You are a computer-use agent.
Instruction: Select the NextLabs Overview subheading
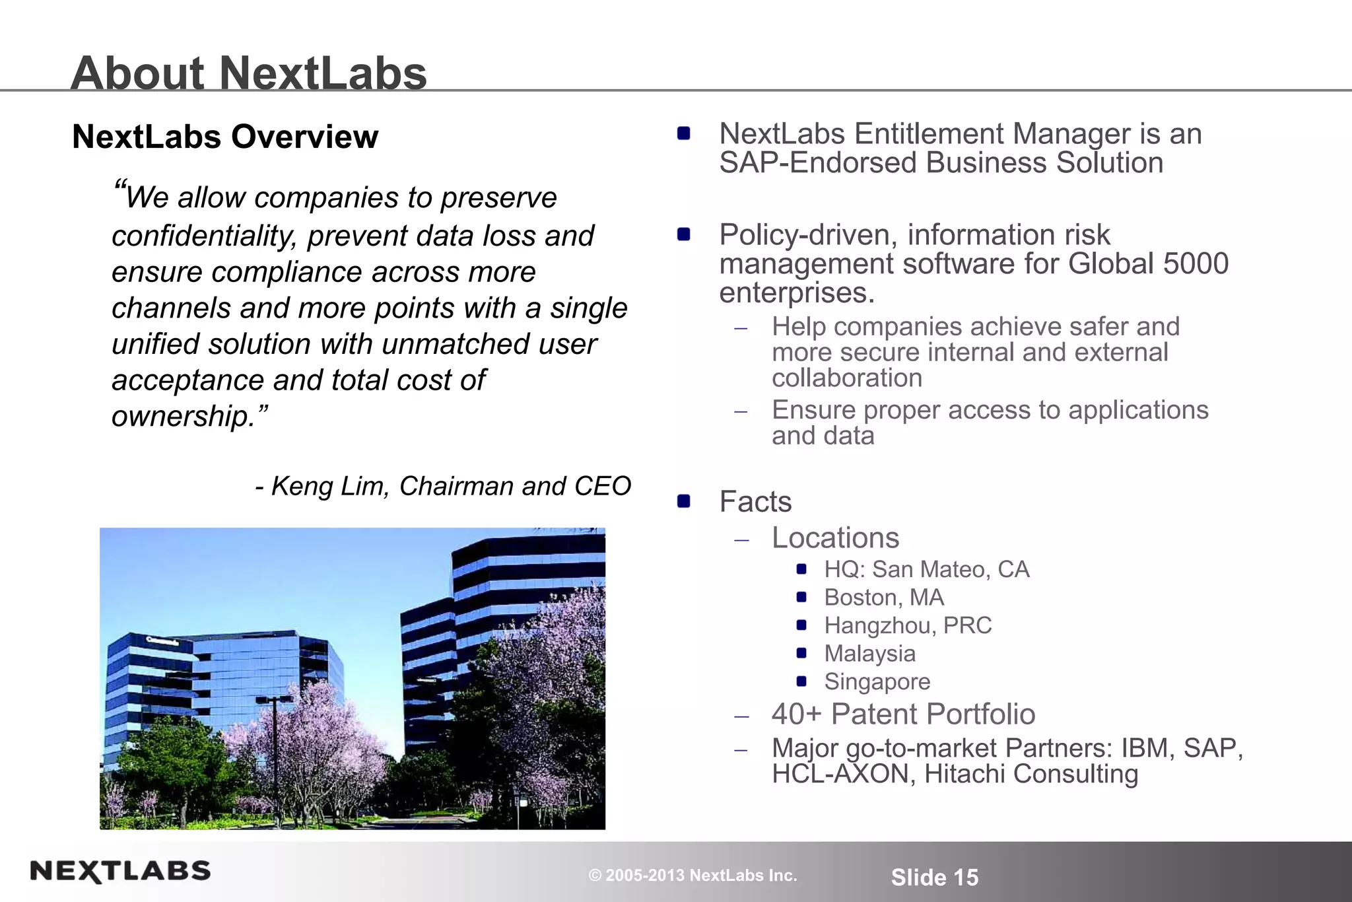click(x=225, y=137)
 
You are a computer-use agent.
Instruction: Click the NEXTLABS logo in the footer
click(x=120, y=872)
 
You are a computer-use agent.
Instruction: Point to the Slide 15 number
click(x=934, y=877)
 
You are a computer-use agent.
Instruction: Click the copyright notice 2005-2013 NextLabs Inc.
click(x=693, y=876)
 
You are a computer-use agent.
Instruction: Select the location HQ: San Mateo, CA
click(x=926, y=569)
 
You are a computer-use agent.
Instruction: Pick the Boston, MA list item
click(x=884, y=598)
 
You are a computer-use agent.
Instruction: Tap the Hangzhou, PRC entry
click(x=908, y=625)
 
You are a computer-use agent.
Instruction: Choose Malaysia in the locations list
click(x=869, y=654)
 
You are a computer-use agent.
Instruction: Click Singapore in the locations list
click(x=877, y=681)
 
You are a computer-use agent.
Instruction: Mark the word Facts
click(x=755, y=502)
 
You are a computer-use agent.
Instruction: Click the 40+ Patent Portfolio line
click(x=903, y=714)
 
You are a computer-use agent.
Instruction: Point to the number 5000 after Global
click(x=1196, y=263)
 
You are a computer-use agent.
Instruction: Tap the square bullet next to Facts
click(x=684, y=501)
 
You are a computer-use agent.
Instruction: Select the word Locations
click(x=835, y=538)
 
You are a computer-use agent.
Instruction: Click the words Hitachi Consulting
click(x=1031, y=774)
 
